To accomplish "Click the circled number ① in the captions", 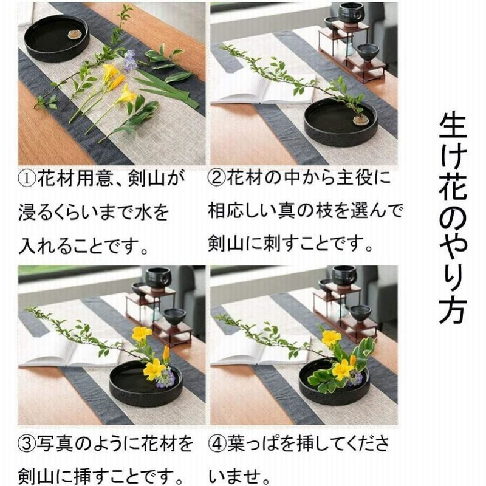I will pos(29,180).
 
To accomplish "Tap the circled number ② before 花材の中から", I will pos(217,180).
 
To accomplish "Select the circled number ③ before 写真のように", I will pos(28,443).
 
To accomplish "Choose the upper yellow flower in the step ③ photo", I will pos(142,334).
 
